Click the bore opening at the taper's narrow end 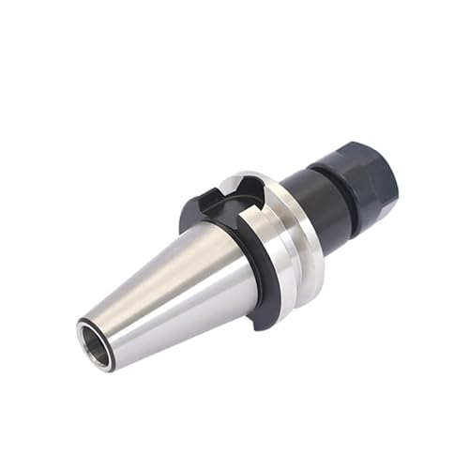96,333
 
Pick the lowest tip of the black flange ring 265,324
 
